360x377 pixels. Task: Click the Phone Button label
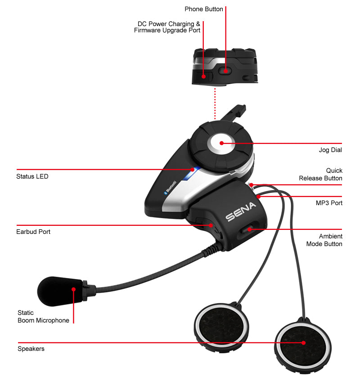pyautogui.click(x=204, y=9)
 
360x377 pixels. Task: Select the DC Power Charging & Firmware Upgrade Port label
pyautogui.click(x=167, y=27)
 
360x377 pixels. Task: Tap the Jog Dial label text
pyautogui.click(x=330, y=150)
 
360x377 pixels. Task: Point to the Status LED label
pyautogui.click(x=32, y=176)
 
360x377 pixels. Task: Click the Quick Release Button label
pyautogui.click(x=320, y=175)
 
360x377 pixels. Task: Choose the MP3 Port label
pyautogui.click(x=329, y=203)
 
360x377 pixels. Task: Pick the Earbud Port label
pyautogui.click(x=33, y=232)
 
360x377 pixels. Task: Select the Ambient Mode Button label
pyautogui.click(x=324, y=240)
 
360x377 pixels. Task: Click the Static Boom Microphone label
pyautogui.click(x=43, y=316)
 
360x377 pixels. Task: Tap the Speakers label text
pyautogui.click(x=31, y=349)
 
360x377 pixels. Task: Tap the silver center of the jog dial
pyautogui.click(x=221, y=144)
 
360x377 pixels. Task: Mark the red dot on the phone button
pyautogui.click(x=225, y=70)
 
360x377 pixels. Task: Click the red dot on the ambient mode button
pyautogui.click(x=248, y=229)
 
